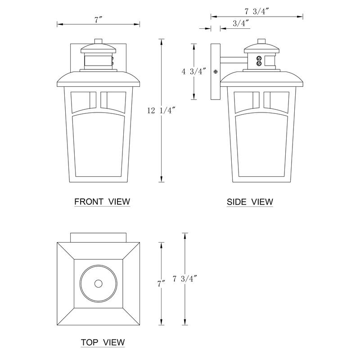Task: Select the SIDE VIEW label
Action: tap(250, 202)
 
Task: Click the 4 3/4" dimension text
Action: tap(193, 71)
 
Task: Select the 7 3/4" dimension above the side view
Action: tap(256, 11)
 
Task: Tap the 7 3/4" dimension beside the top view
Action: tap(183, 279)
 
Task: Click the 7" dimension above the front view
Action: tap(98, 19)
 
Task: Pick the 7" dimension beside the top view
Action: tap(161, 283)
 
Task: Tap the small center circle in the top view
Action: tap(98, 283)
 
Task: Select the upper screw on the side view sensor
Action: tap(259, 58)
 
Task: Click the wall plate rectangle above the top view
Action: tap(98, 238)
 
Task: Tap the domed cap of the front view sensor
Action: tap(98, 46)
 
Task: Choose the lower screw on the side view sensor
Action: tap(259, 64)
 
